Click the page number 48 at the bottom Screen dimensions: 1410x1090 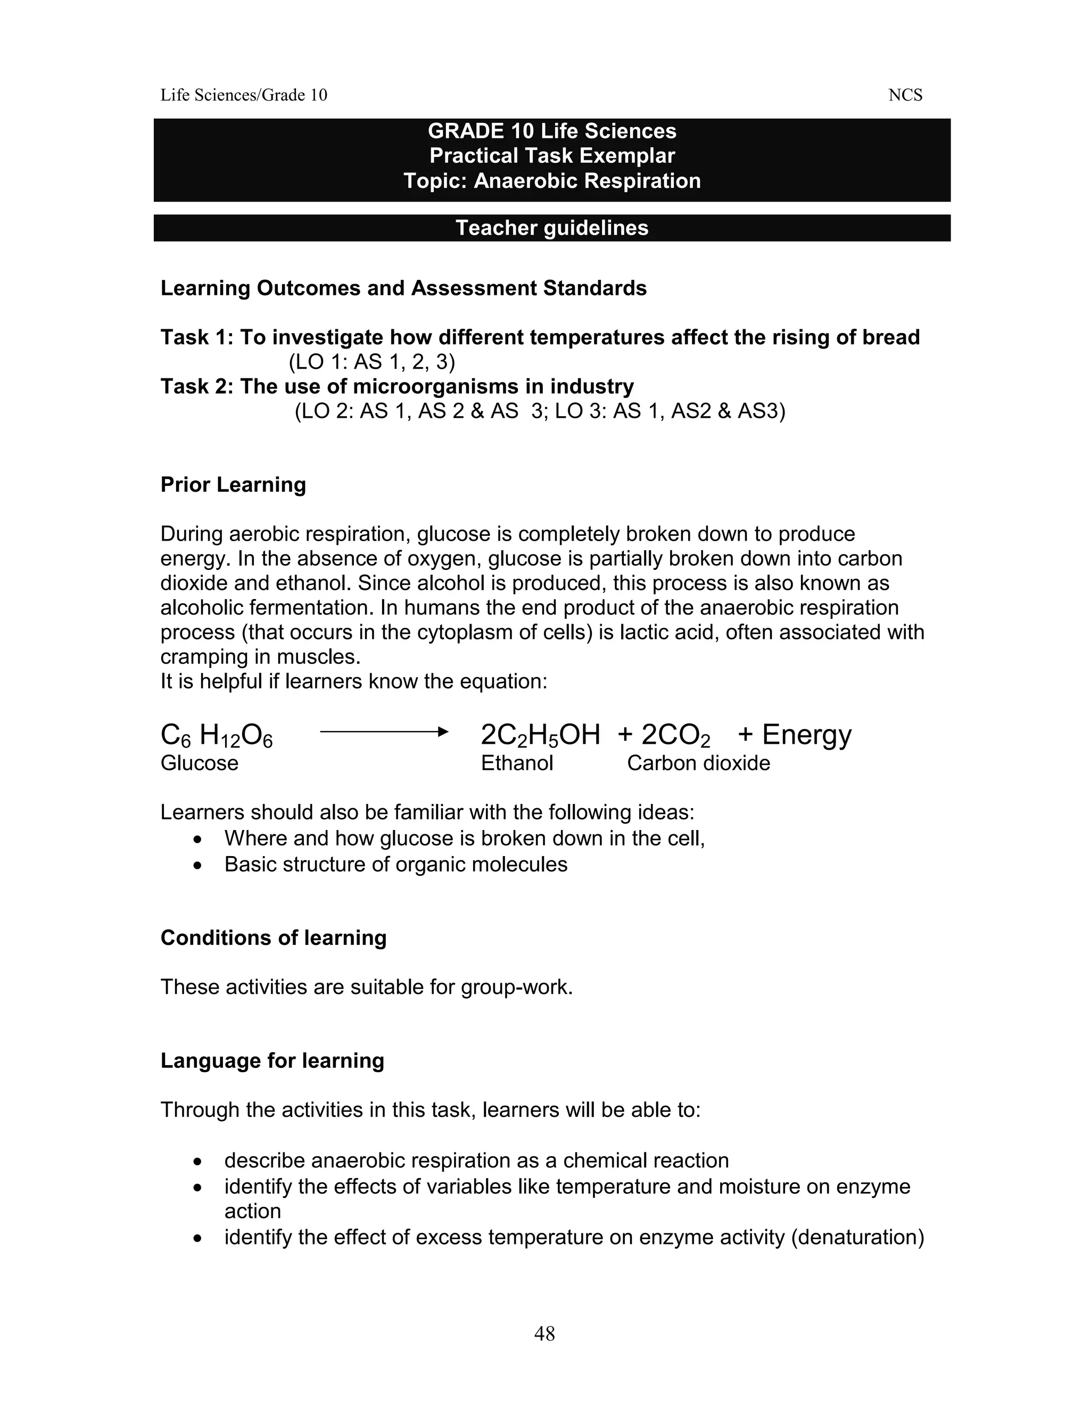point(544,1333)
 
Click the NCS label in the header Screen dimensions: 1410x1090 point(905,96)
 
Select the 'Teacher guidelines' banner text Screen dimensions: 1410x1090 point(551,228)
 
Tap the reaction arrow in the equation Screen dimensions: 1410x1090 point(384,732)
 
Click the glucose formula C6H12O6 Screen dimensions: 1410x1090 point(216,736)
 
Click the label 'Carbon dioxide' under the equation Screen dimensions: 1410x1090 point(698,763)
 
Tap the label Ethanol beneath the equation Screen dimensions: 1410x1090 point(517,763)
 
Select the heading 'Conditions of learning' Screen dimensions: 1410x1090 point(273,938)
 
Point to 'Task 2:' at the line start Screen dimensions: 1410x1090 point(196,386)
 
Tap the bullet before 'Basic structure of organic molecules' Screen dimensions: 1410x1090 point(197,865)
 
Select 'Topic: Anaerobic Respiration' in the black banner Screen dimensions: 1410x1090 point(551,181)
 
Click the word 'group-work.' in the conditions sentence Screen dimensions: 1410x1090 point(517,987)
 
